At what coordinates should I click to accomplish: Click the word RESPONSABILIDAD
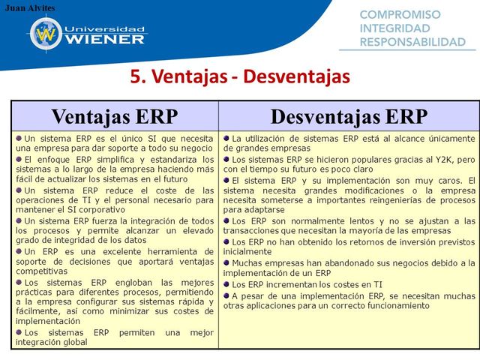pyautogui.click(x=413, y=42)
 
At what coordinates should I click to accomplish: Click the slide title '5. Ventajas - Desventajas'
pyautogui.click(x=240, y=77)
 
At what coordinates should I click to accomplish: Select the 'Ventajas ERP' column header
pyautogui.click(x=115, y=116)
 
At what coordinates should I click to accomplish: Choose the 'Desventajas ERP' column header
pyautogui.click(x=349, y=116)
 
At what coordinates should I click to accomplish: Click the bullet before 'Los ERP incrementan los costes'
pyautogui.click(x=226, y=284)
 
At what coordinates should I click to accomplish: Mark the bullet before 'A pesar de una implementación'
pyautogui.click(x=226, y=295)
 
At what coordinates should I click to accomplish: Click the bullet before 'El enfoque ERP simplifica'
pyautogui.click(x=19, y=159)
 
